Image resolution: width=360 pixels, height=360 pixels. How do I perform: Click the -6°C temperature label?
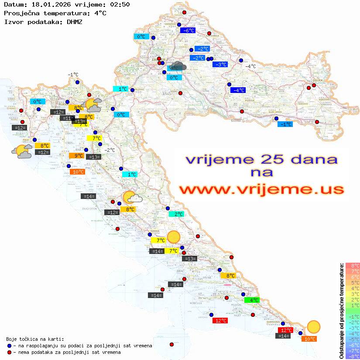[x=188, y=31]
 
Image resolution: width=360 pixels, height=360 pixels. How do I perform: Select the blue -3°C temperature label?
[x=220, y=65]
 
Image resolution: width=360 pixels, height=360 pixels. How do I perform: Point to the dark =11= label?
[x=67, y=118]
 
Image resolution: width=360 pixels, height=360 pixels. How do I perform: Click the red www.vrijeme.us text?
[x=261, y=189]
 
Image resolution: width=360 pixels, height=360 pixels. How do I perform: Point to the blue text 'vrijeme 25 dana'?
[x=261, y=159]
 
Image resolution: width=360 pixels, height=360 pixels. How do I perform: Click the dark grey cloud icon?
[x=177, y=66]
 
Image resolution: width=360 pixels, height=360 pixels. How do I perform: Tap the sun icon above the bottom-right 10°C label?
[x=313, y=326]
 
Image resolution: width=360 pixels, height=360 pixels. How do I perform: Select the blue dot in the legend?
[x=9, y=346]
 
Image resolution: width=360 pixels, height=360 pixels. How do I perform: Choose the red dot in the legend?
[x=9, y=352]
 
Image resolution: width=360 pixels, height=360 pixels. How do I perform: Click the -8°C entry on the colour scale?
[x=352, y=356]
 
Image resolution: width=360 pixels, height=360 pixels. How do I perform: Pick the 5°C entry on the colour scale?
[x=352, y=282]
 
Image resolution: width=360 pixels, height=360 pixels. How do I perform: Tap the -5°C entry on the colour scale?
[x=352, y=339]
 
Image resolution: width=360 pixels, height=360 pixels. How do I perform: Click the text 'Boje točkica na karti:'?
[x=35, y=339]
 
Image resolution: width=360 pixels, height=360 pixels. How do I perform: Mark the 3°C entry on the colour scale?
[x=352, y=294]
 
